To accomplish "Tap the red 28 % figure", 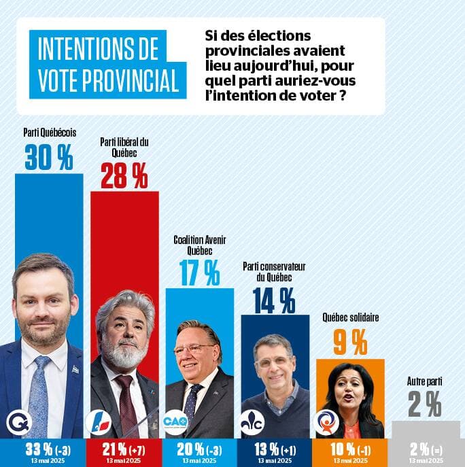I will point(124,177).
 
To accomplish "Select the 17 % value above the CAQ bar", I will point(200,273).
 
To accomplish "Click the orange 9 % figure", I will point(350,342).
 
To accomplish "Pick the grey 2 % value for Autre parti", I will point(425,406).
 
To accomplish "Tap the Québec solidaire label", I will point(350,317).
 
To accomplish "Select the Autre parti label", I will point(425,382).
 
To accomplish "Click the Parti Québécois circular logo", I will point(18,423).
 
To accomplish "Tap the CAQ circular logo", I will point(175,423).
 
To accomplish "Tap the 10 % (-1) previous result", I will point(350,449).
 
